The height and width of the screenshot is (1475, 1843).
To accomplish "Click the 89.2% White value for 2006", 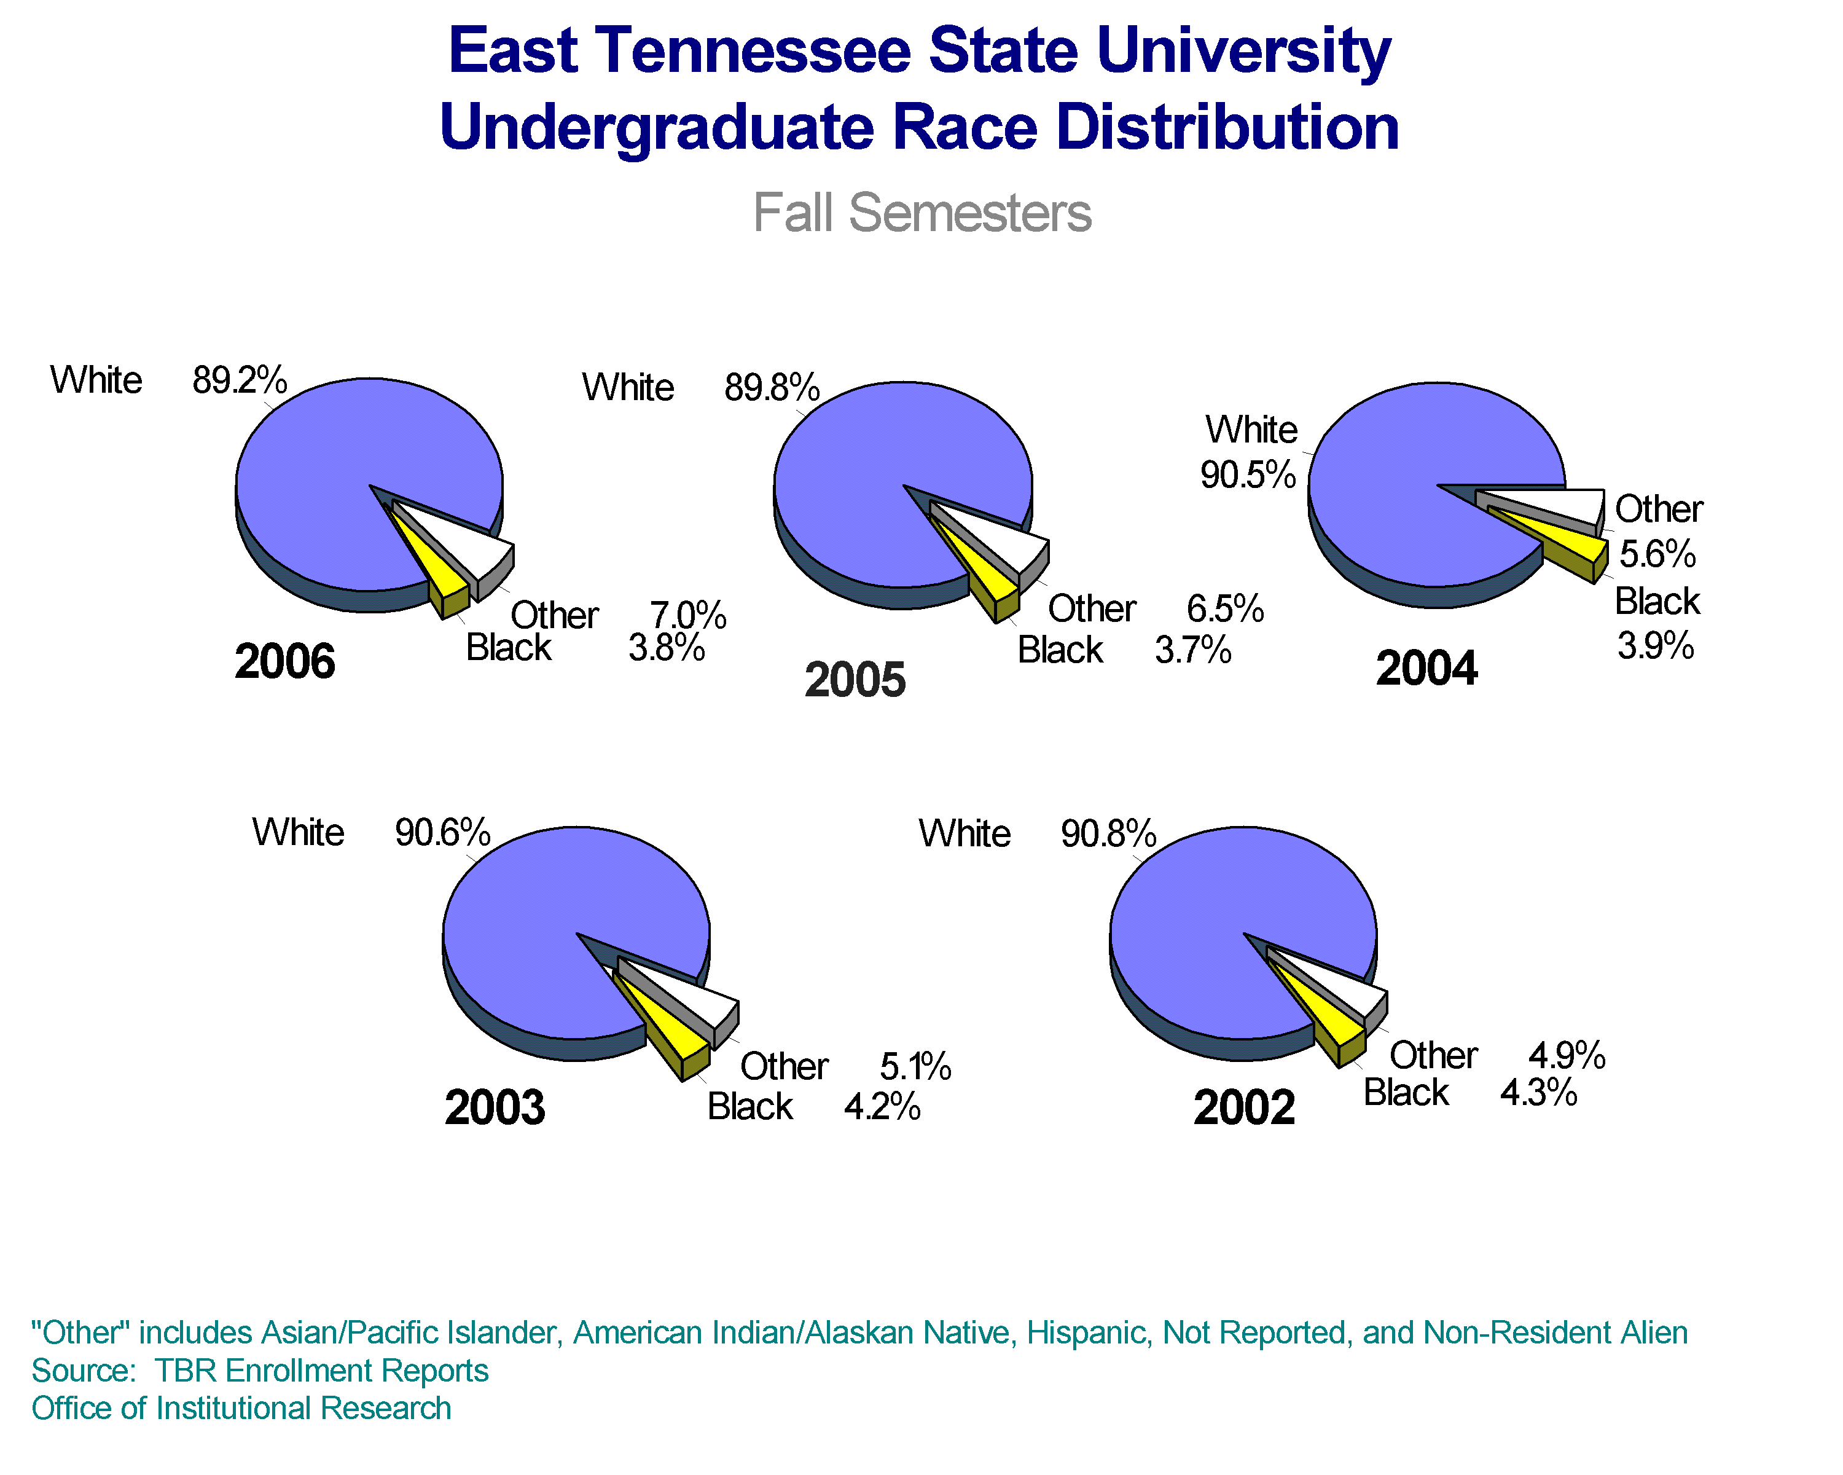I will [240, 380].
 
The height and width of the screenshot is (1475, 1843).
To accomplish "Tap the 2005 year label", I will [855, 680].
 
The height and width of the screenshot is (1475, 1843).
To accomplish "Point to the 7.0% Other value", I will [688, 616].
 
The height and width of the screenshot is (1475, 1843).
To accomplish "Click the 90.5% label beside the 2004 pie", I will [1248, 474].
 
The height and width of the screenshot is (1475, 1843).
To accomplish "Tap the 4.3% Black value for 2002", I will [1539, 1093].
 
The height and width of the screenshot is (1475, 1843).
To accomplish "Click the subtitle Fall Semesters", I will [921, 212].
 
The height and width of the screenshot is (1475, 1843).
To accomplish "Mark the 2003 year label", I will [494, 1108].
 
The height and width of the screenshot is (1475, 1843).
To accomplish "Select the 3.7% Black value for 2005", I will [1193, 651].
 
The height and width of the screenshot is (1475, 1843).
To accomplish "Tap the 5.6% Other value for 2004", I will [1657, 554].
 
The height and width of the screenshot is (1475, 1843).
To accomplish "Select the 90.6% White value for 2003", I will [442, 833].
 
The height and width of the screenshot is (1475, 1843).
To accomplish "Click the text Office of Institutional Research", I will [241, 1408].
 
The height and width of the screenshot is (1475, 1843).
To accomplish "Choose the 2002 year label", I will [1244, 1108].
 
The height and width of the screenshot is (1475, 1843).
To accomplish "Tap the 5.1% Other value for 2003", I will [915, 1067].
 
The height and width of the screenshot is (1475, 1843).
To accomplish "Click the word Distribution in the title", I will [1227, 128].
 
